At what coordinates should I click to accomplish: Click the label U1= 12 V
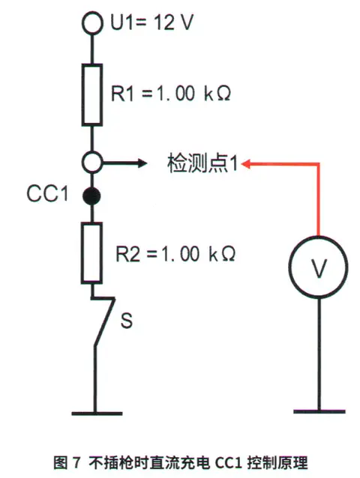coord(152,22)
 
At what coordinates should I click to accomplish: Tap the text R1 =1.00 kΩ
coord(170,94)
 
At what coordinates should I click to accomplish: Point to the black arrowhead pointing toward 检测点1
coord(142,163)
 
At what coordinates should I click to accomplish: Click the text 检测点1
coord(202,163)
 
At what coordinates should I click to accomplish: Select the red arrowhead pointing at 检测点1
coord(246,164)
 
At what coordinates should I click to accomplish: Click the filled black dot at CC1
coord(91,196)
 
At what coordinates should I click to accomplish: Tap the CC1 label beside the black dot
coord(47,193)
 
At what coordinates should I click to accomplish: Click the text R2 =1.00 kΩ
coord(175,254)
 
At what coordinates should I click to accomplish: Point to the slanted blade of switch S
coord(104,321)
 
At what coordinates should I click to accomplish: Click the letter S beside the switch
coord(127,320)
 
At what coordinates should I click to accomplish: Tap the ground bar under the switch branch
coord(97,414)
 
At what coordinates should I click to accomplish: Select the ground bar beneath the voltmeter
coord(319,411)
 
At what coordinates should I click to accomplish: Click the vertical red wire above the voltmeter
coord(319,200)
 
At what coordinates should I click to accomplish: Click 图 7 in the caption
coord(67,463)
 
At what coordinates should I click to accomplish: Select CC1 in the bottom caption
coord(229,463)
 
